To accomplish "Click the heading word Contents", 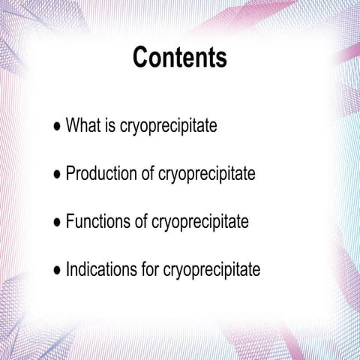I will [x=180, y=57].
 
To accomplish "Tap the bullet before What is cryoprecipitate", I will [x=58, y=126].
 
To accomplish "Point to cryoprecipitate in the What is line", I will [x=168, y=127].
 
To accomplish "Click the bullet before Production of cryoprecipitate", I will [x=58, y=175].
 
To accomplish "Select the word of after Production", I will [x=148, y=174].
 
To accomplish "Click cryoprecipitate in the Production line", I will [x=207, y=175].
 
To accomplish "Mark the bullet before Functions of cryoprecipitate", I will [x=58, y=223].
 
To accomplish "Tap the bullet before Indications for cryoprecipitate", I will [x=58, y=270].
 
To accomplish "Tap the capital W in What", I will [x=73, y=125].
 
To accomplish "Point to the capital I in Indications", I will [x=68, y=269].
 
